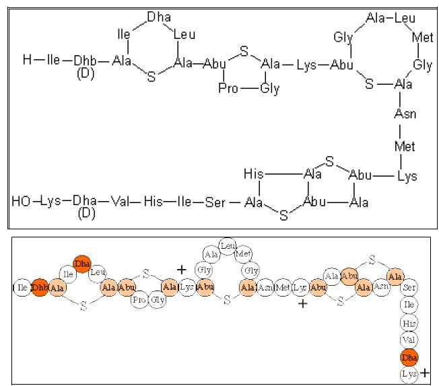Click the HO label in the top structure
[21, 201]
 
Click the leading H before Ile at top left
[27, 61]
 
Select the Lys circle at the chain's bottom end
[409, 372]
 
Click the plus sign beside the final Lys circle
[425, 372]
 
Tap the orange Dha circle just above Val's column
[409, 356]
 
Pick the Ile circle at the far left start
[22, 287]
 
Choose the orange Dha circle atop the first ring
[83, 263]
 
